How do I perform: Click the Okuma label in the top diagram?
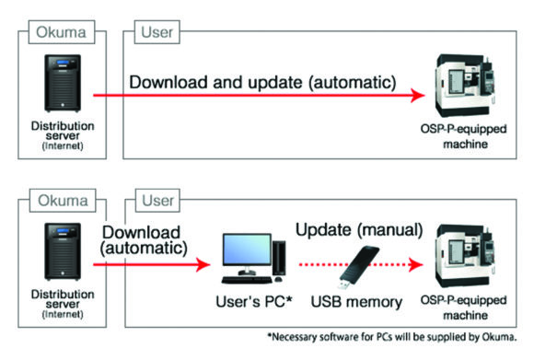[x=62, y=32]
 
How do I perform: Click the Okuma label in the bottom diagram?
[x=63, y=201]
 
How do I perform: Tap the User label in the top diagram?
[x=157, y=32]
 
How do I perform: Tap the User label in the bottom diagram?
[x=157, y=201]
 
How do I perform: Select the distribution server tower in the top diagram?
[x=63, y=83]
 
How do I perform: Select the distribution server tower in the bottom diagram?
[x=63, y=251]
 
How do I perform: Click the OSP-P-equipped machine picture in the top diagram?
[x=465, y=86]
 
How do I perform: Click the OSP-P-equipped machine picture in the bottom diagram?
[x=465, y=256]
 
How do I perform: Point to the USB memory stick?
[x=359, y=267]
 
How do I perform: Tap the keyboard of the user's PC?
[x=247, y=280]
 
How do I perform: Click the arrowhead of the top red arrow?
[x=417, y=96]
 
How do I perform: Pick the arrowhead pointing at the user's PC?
[x=203, y=264]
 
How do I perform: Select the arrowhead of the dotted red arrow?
[x=415, y=264]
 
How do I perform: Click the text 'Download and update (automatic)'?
[x=262, y=83]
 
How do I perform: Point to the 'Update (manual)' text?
[x=359, y=230]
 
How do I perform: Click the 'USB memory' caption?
[x=356, y=302]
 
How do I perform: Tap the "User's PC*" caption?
[x=254, y=301]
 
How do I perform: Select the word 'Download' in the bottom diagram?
[x=142, y=233]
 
